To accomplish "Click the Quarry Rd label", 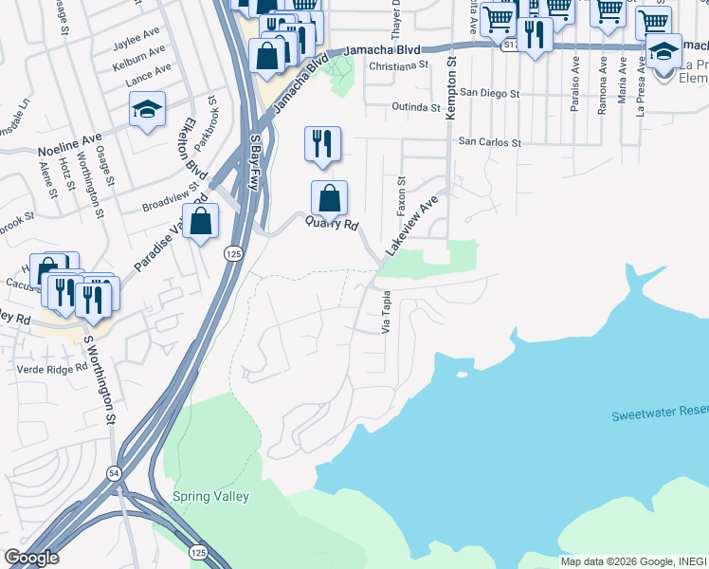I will point(332,225).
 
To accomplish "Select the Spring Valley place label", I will point(210,496).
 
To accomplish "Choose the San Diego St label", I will point(489,94).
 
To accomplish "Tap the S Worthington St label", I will point(99,378).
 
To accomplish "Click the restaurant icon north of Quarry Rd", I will point(322,144).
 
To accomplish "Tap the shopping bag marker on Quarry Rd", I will point(329,198).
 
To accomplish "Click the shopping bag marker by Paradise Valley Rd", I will point(201,222).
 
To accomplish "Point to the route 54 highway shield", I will point(114,472).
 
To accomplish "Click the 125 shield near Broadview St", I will point(232,253).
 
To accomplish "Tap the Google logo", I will point(31,557).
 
